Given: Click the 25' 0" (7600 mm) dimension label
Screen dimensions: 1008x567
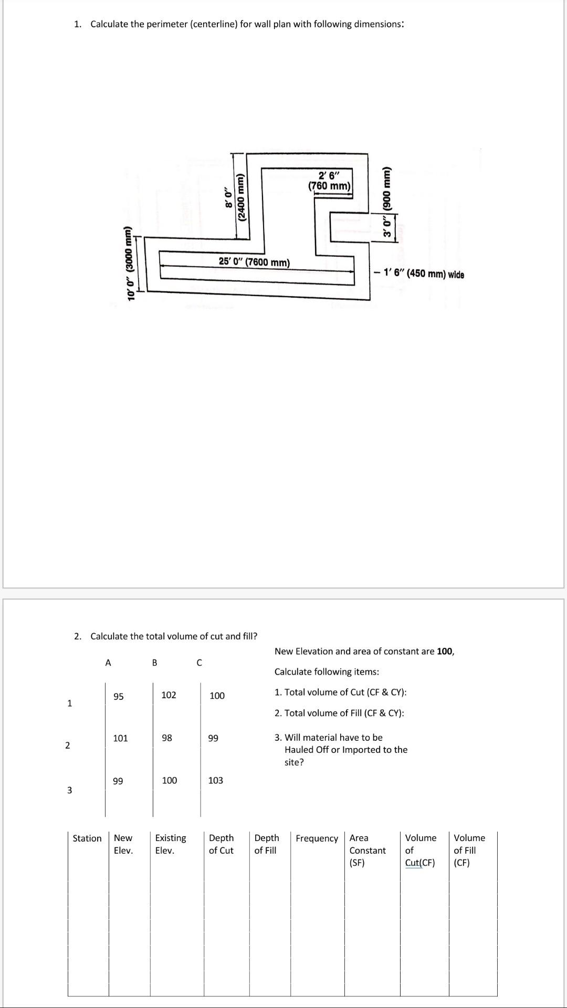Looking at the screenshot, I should (x=254, y=261).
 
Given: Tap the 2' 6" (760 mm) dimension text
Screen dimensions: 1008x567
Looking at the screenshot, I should (x=330, y=181).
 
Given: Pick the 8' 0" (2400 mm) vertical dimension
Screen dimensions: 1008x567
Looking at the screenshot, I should (x=235, y=197).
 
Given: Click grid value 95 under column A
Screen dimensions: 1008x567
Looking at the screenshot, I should (x=119, y=697).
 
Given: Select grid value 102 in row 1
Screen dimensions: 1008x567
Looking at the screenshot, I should (x=169, y=695).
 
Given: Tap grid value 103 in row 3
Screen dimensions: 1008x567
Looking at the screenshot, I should (x=215, y=780).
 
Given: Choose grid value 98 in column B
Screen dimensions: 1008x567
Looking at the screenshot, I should (x=166, y=738).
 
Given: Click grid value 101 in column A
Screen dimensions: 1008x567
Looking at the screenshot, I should (x=120, y=738).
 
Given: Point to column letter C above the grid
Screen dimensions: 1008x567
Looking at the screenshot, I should (x=199, y=663).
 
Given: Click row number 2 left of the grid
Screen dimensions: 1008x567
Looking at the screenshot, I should (x=67, y=745).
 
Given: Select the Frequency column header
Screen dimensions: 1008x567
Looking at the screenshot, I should (x=317, y=838).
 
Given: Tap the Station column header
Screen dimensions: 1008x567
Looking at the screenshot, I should (x=87, y=838).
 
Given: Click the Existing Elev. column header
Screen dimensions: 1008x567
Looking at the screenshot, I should (x=171, y=844).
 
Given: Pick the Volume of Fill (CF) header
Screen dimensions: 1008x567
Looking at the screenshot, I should (x=469, y=849).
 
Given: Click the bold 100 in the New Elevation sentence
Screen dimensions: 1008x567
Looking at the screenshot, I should (x=445, y=651).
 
